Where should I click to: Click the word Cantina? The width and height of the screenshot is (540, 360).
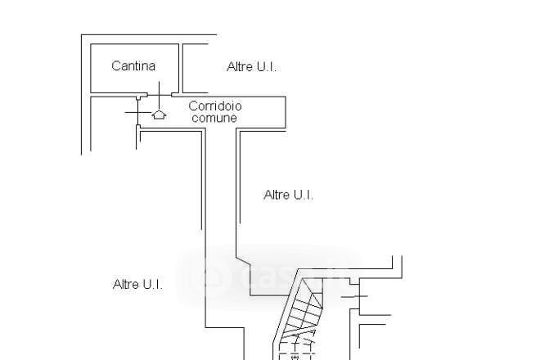click(133, 66)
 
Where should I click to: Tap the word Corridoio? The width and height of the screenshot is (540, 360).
click(215, 106)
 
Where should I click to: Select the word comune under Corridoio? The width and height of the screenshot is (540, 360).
click(214, 118)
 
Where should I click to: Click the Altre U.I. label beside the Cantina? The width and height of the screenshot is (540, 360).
click(251, 67)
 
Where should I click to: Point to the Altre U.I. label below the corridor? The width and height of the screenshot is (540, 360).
click(288, 195)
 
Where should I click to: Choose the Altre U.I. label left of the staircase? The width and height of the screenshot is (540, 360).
click(137, 284)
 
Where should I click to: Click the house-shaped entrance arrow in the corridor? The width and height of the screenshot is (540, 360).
click(160, 115)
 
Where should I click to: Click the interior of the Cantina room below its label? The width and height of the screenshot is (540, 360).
click(133, 82)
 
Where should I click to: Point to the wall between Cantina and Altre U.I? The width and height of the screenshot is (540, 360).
click(180, 68)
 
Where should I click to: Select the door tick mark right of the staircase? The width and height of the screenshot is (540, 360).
click(357, 295)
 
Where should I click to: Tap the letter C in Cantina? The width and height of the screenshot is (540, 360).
click(115, 66)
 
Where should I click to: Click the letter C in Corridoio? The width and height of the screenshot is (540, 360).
click(192, 106)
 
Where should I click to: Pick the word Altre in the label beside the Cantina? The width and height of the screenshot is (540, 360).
click(240, 67)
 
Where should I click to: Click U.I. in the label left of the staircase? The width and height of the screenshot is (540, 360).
click(151, 284)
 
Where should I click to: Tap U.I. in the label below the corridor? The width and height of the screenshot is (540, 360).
click(302, 195)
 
